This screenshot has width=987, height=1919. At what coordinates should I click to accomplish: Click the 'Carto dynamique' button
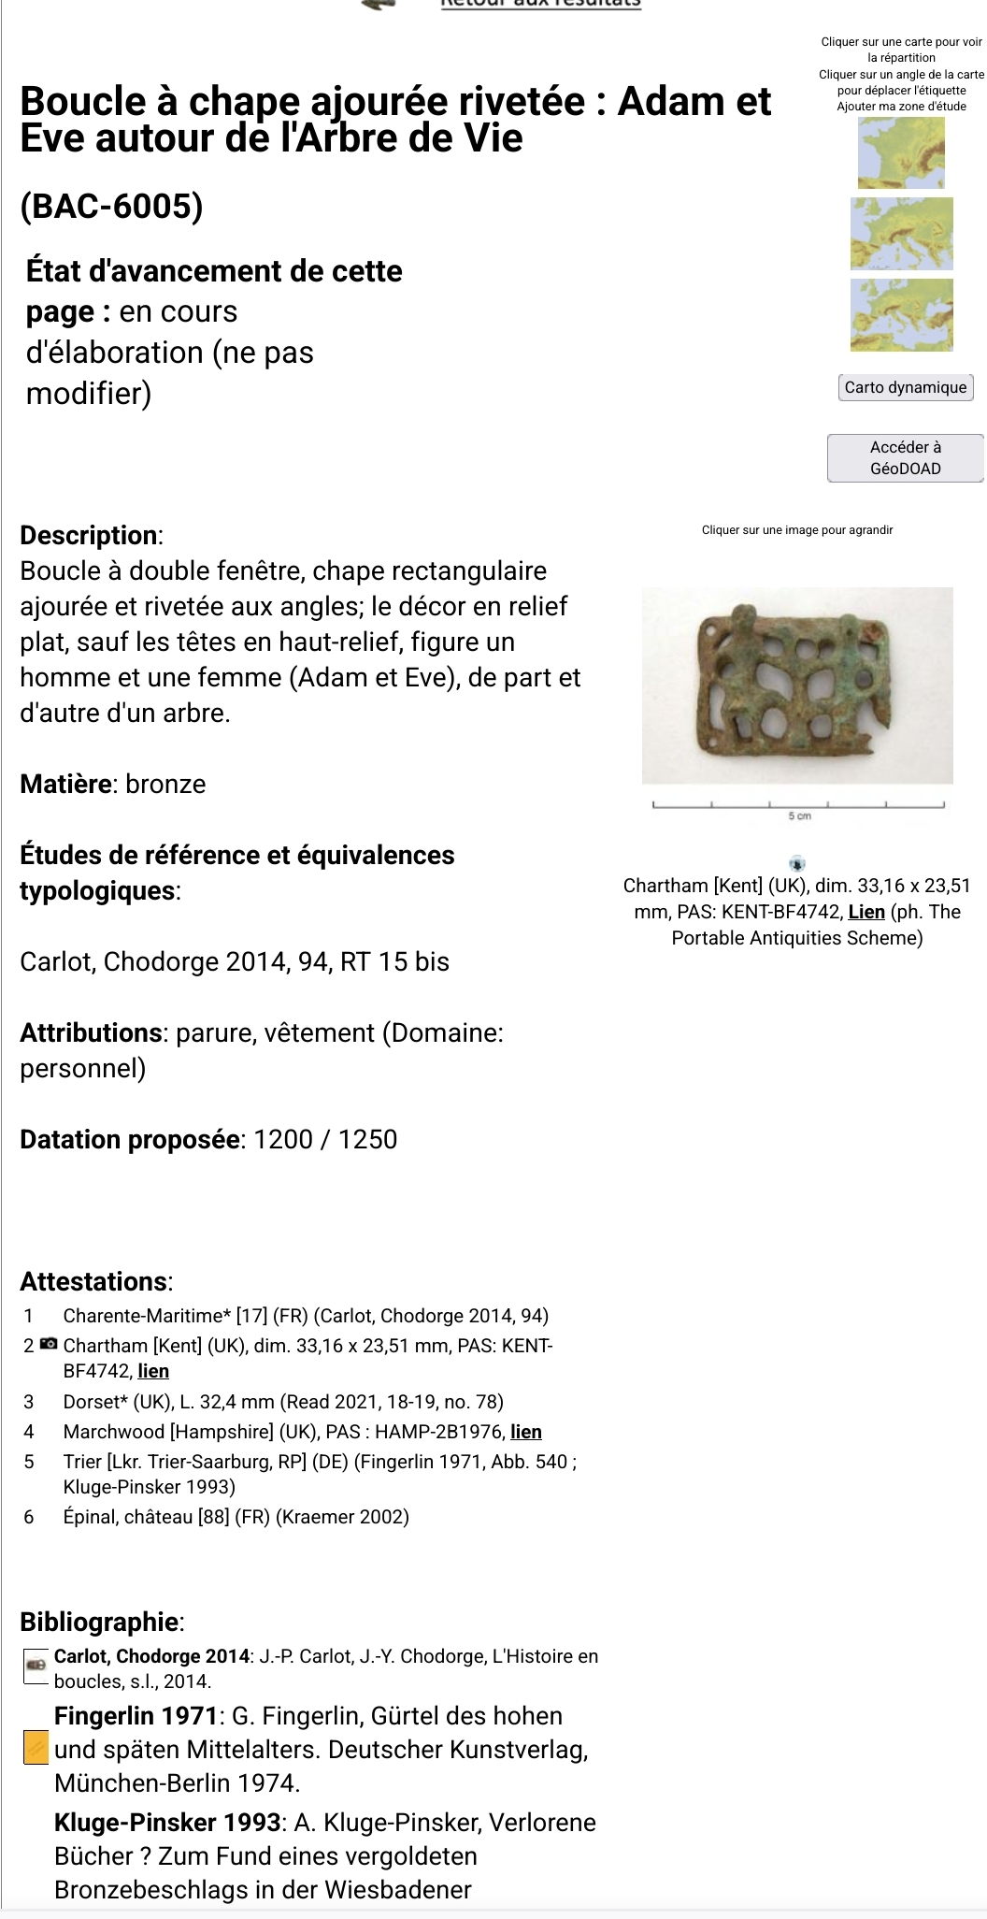(905, 387)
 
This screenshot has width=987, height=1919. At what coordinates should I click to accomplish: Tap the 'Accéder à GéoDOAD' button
(905, 457)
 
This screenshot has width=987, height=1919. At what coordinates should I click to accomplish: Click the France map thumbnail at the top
(901, 152)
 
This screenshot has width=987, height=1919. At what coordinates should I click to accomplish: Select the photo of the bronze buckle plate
(796, 685)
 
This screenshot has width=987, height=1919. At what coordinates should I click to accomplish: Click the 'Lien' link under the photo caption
(865, 912)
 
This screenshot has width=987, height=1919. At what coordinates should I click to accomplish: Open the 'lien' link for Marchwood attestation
(526, 1432)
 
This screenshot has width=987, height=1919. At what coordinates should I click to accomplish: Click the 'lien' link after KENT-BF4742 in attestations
(153, 1371)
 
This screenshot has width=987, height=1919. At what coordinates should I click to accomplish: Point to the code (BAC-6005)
(111, 206)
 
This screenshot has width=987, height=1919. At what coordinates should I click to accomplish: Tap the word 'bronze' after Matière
(165, 784)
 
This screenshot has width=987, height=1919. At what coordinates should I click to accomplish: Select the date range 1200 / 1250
(325, 1139)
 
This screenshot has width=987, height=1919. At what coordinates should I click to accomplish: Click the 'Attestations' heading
(95, 1281)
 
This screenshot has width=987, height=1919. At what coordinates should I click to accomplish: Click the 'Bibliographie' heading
(101, 1622)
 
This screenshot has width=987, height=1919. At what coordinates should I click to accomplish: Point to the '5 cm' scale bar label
(799, 816)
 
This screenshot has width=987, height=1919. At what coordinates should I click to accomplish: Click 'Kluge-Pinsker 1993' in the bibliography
(167, 1823)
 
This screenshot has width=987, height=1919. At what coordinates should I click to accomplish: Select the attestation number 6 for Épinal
(29, 1517)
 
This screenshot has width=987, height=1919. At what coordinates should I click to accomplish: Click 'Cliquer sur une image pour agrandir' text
(796, 530)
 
